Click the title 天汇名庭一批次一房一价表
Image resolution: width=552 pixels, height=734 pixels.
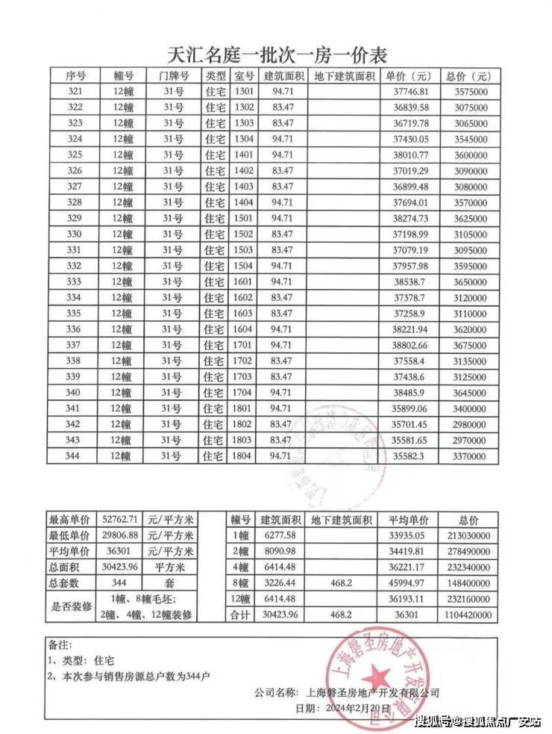pyautogui.click(x=276, y=55)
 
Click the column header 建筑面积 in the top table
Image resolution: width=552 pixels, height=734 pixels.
pyautogui.click(x=283, y=76)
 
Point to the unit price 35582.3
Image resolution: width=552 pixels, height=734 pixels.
pyautogui.click(x=406, y=455)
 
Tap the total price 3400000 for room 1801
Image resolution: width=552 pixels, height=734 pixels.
pyautogui.click(x=471, y=408)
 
